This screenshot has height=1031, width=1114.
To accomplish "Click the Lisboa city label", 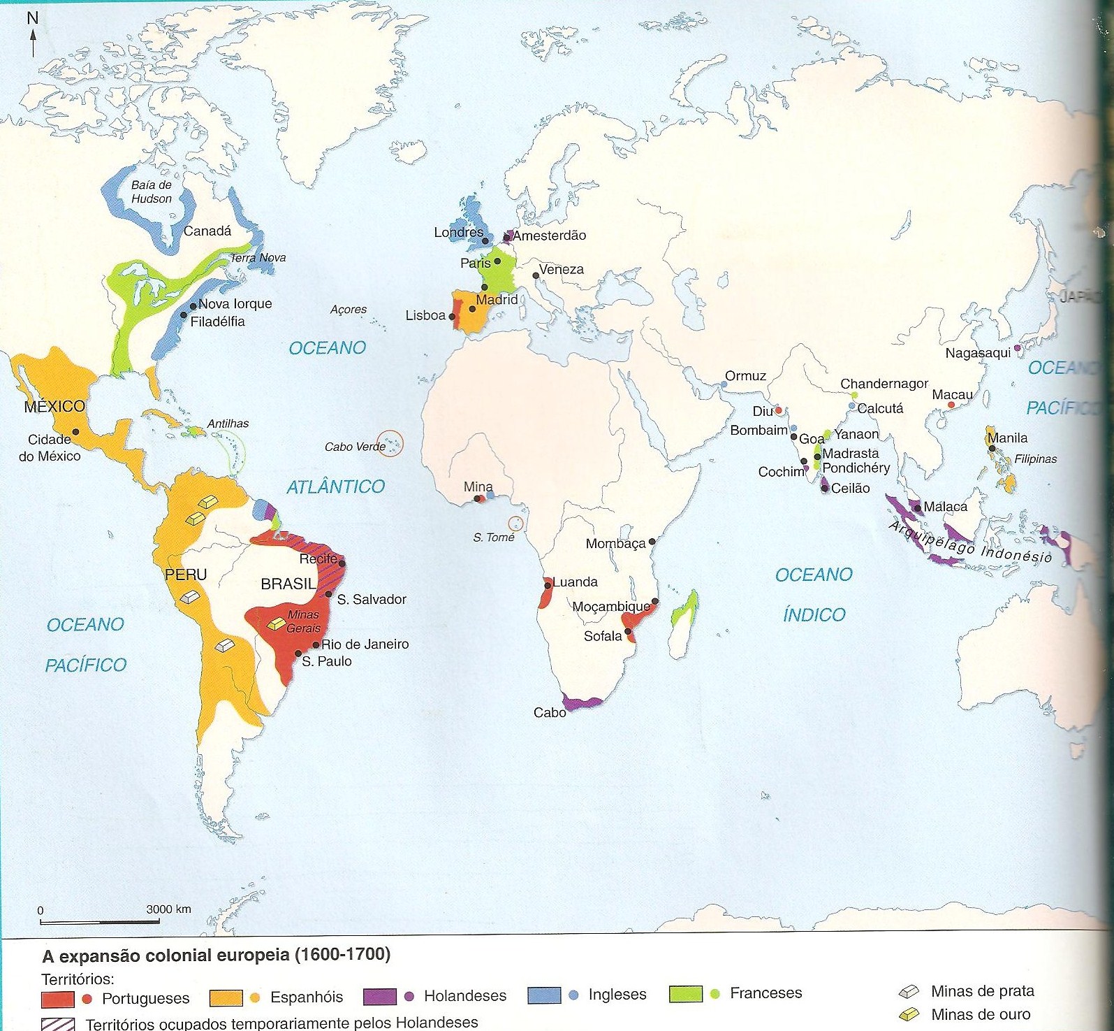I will point(425,315).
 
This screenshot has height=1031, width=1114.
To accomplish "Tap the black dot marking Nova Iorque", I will point(193,306).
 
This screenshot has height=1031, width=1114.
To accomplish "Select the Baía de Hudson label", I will point(152,192).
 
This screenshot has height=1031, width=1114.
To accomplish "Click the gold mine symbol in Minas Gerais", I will point(277,624).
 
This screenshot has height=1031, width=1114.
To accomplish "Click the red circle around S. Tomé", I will point(515,523).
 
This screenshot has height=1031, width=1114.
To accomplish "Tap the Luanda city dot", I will point(548,584).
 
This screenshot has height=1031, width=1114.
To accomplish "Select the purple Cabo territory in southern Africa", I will point(580,702).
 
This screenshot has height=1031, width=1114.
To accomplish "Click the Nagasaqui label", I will point(978,353).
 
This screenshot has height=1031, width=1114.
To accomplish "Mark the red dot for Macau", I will point(951,405).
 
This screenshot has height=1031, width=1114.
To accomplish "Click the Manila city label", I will point(1008,438).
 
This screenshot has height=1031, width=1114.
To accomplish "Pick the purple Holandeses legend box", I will point(379,997).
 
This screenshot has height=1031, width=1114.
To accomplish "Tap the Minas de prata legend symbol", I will point(909,991).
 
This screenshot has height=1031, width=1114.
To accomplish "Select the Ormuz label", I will point(745,376).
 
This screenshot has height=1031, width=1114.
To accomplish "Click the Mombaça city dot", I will point(652,542).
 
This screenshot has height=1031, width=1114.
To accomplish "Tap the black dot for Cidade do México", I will point(75,432).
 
